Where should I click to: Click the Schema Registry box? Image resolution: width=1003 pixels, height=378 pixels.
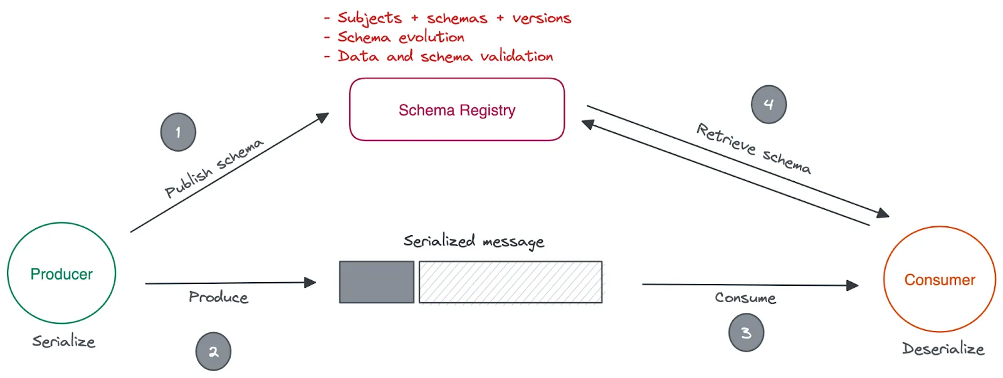click(456, 110)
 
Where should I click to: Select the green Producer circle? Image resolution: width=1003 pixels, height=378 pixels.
click(61, 273)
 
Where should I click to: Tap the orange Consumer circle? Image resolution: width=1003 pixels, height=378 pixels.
click(939, 280)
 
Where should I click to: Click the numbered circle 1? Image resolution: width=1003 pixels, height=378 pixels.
click(178, 132)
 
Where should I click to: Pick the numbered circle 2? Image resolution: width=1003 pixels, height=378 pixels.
click(213, 352)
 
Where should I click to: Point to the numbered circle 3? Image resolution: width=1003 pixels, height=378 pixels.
click(746, 333)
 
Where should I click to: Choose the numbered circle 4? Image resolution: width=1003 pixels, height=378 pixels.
click(769, 105)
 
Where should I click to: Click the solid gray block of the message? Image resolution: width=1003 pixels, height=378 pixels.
click(376, 282)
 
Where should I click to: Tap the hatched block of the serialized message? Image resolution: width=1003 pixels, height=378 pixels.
click(510, 282)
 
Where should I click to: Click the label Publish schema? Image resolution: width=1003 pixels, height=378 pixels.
click(213, 168)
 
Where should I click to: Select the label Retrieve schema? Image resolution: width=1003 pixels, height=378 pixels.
click(754, 149)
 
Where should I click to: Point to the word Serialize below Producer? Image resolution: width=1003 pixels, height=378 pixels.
click(64, 342)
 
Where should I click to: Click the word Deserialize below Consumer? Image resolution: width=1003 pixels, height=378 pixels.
click(943, 349)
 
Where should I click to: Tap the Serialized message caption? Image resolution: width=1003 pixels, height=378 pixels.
click(473, 241)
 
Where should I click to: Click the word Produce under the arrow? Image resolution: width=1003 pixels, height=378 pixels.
click(218, 297)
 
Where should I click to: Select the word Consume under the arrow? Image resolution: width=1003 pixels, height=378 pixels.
click(745, 298)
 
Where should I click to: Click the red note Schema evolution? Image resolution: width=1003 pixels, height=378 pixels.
click(401, 38)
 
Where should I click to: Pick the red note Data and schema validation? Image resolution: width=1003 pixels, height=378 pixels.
click(445, 56)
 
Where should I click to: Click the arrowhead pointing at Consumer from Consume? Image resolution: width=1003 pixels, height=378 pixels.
click(853, 285)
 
